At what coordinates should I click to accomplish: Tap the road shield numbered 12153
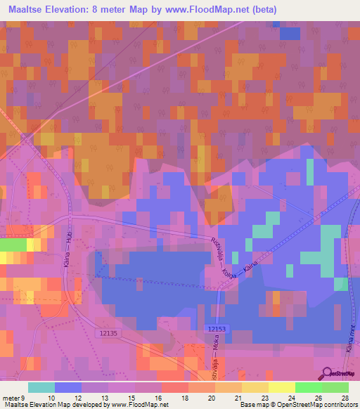[218, 328]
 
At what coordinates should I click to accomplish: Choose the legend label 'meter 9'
[14, 397]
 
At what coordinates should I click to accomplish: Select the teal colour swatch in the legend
[41, 387]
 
